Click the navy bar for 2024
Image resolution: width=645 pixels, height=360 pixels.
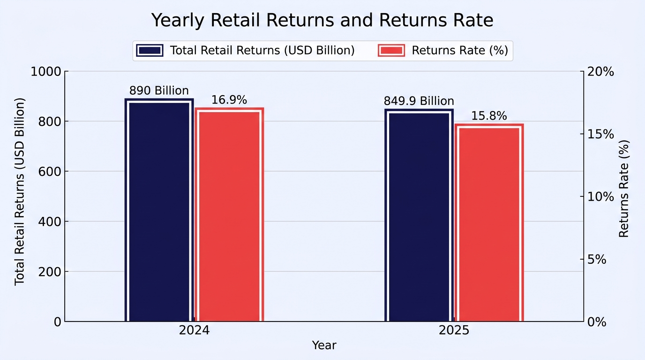159,210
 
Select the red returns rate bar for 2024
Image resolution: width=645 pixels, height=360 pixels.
230,215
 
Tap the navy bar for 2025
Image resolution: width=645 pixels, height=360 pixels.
419,215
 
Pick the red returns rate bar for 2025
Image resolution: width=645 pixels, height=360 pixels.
489,223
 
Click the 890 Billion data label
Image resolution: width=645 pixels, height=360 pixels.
159,90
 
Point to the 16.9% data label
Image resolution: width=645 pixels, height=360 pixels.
229,100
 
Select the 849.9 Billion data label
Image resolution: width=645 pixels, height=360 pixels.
419,101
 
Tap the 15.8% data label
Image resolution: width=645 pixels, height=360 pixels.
489,116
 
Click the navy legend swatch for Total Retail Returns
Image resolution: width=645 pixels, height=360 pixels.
150,51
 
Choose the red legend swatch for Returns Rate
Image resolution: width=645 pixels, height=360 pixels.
391,51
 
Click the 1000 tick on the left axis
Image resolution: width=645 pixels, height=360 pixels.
46,71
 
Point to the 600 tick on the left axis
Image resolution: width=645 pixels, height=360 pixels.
50,172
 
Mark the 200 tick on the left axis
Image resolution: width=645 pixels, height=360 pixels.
50,271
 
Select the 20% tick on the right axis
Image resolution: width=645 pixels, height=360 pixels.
600,71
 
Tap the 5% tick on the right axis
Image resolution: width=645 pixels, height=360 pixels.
597,260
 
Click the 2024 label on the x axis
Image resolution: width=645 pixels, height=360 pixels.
194,330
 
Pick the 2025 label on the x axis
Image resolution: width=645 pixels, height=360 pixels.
454,330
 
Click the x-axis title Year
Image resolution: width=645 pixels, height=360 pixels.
324,345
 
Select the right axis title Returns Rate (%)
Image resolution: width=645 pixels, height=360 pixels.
624,188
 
